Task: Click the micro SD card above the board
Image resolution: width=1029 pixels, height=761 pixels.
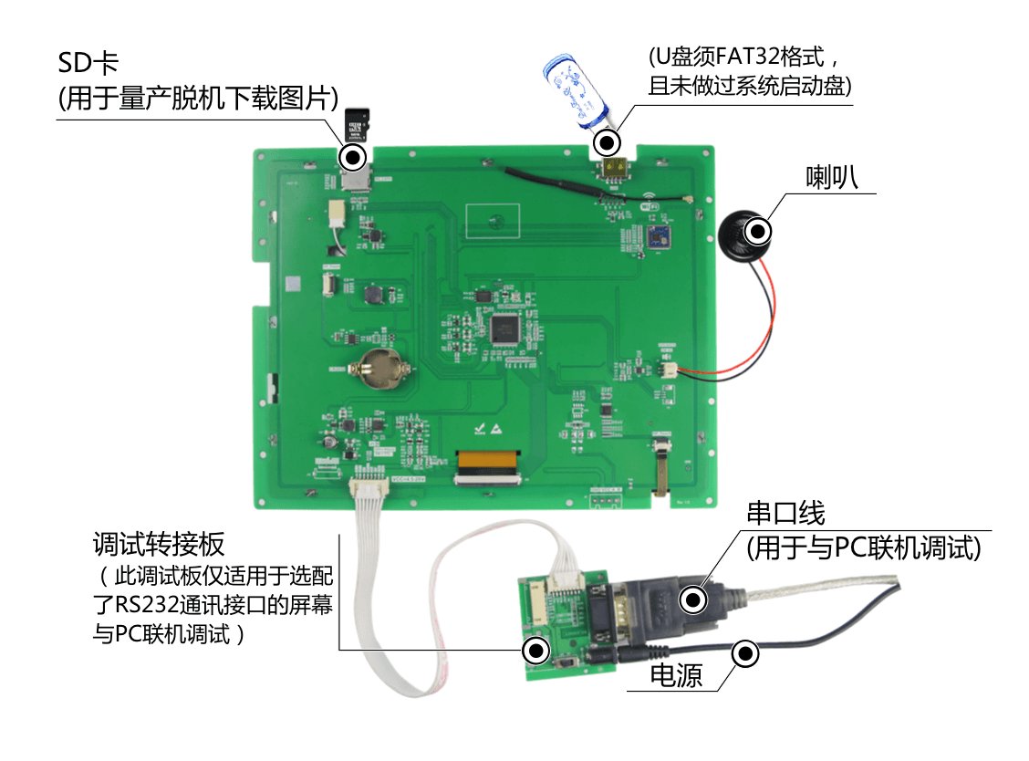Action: point(357,125)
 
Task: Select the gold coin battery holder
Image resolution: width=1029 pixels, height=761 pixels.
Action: point(380,368)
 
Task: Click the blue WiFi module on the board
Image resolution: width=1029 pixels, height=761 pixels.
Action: point(658,236)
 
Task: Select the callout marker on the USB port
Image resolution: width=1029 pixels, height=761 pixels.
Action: point(607,141)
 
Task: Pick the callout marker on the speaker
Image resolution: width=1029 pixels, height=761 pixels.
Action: point(759,231)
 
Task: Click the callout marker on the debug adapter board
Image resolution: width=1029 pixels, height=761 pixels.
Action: point(536,650)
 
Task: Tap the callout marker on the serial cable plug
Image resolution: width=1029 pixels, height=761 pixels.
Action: point(693,599)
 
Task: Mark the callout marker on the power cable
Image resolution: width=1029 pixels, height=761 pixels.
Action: point(745,653)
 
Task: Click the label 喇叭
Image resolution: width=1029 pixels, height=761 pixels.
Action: point(832,177)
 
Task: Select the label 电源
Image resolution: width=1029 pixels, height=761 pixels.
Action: point(676,675)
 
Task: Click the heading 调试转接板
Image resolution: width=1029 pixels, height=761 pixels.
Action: point(159,545)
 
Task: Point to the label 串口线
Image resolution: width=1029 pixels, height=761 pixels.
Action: point(785,514)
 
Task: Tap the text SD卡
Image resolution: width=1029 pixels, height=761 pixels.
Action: point(88,64)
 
